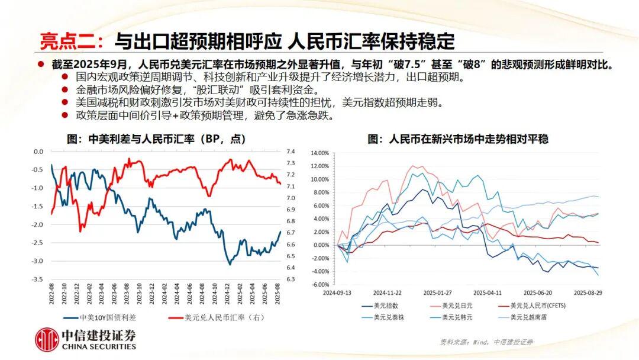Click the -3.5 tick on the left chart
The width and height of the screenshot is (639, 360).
point(37,279)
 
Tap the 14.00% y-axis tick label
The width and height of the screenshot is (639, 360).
point(319,153)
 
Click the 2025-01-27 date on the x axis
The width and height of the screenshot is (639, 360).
point(438,292)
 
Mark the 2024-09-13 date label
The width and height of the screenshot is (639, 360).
point(338,292)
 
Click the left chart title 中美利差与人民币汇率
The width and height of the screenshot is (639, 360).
point(157,139)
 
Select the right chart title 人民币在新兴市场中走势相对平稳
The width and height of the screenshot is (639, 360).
point(458,139)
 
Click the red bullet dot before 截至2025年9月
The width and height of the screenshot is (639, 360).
point(41,64)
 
